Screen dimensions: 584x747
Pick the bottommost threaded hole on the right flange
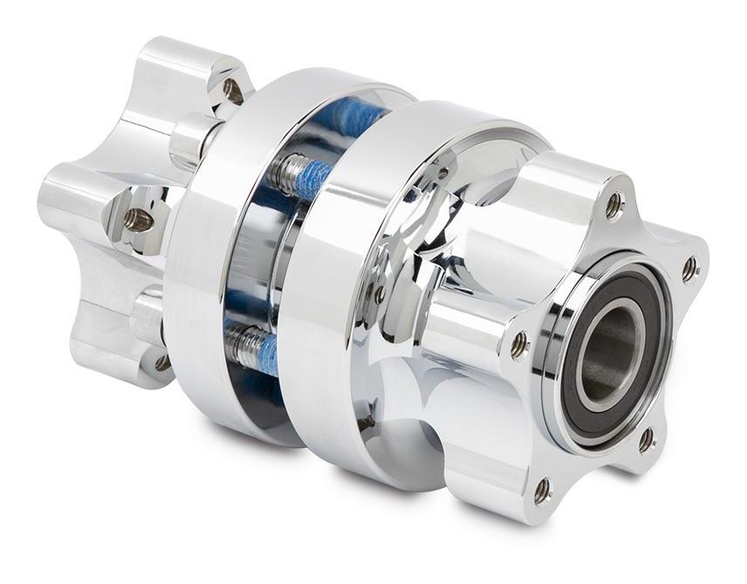tap(543, 491)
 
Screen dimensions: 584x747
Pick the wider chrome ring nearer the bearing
tap(332, 288)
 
